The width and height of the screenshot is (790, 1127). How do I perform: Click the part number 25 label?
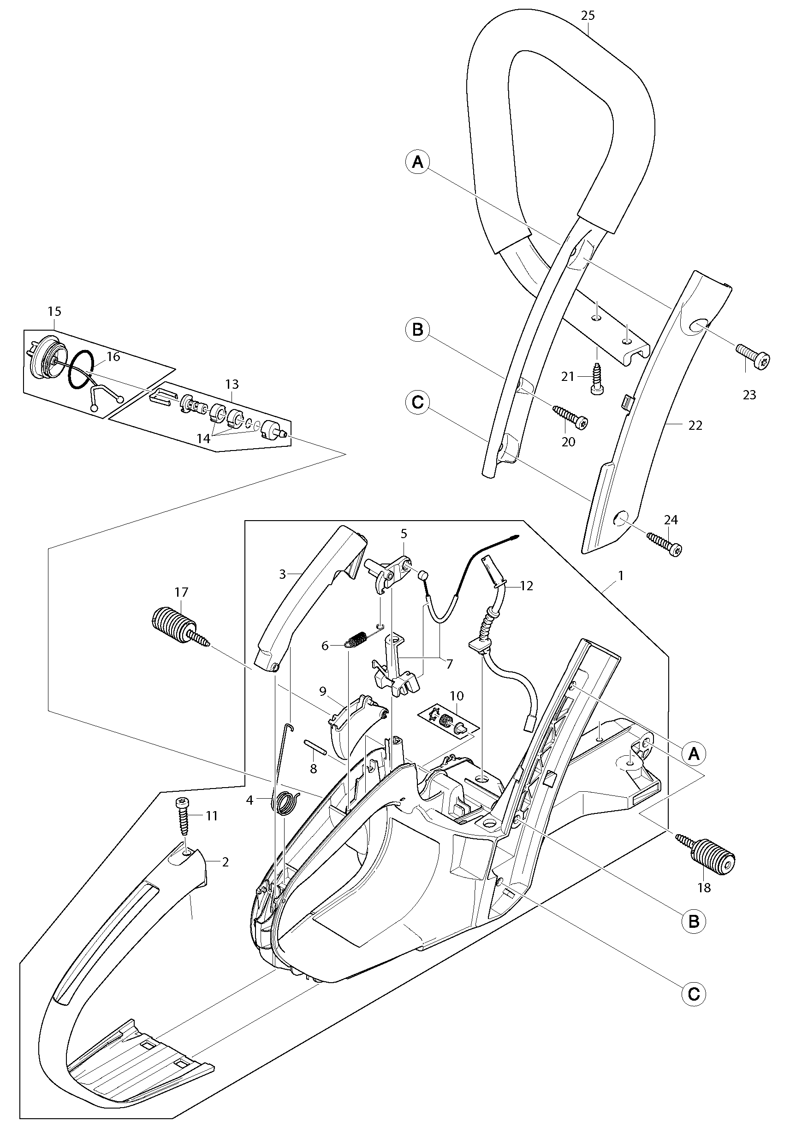pyautogui.click(x=588, y=15)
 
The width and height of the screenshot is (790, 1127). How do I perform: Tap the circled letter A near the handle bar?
pyautogui.click(x=418, y=161)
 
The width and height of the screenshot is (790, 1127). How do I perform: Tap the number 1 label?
pyautogui.click(x=621, y=575)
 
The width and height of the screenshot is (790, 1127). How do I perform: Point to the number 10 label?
pyautogui.click(x=456, y=695)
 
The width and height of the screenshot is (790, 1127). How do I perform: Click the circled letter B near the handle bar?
pyautogui.click(x=418, y=330)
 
